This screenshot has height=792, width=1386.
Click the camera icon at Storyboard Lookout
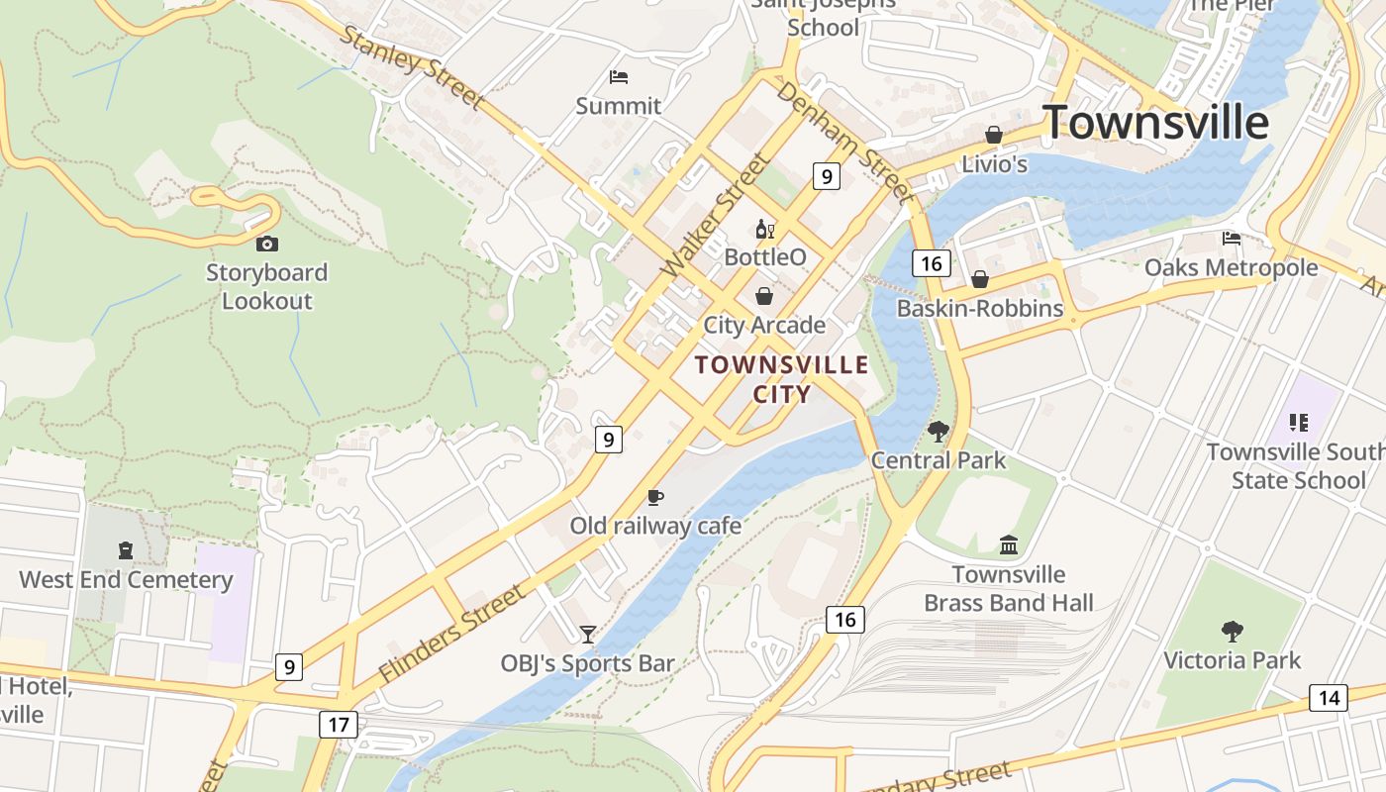tap(266, 244)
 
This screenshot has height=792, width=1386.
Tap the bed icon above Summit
tap(619, 77)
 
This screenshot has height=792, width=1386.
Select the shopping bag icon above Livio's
tap(994, 135)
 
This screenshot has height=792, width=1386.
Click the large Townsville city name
tap(1155, 122)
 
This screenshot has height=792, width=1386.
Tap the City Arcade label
tap(764, 325)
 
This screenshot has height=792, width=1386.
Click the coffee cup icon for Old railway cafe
tap(654, 497)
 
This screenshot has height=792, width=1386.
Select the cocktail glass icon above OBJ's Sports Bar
tap(588, 634)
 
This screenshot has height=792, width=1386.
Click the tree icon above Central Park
tap(938, 432)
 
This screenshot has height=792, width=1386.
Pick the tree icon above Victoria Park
tap(1232, 631)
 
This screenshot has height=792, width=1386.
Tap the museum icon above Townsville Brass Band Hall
tap(1009, 544)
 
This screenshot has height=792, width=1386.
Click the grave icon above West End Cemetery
tap(126, 550)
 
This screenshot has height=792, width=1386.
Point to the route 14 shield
tap(1328, 697)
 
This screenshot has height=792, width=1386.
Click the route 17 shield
tap(339, 724)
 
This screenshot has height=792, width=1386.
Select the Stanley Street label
tap(412, 66)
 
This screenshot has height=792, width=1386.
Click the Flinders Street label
tap(452, 633)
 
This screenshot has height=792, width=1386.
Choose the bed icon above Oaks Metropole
tap(1232, 239)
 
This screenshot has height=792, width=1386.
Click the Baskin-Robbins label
tap(980, 308)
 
